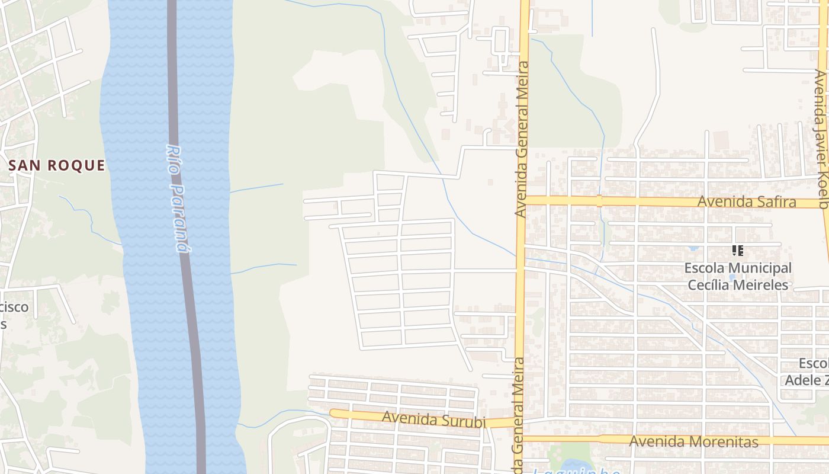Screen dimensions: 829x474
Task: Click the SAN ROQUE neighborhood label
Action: [x=57, y=165]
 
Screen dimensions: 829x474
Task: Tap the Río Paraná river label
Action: [x=178, y=198]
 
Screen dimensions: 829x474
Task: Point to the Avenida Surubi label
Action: [x=434, y=419]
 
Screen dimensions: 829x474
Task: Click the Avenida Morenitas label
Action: [x=693, y=441]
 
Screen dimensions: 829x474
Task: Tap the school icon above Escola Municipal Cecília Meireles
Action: [x=737, y=251]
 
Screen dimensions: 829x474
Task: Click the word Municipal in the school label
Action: [x=759, y=268]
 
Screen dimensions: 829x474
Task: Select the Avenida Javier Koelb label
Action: [x=821, y=139]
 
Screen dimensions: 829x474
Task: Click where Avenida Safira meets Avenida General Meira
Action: [x=521, y=200]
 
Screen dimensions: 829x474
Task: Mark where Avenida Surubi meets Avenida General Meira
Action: [x=518, y=422]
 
